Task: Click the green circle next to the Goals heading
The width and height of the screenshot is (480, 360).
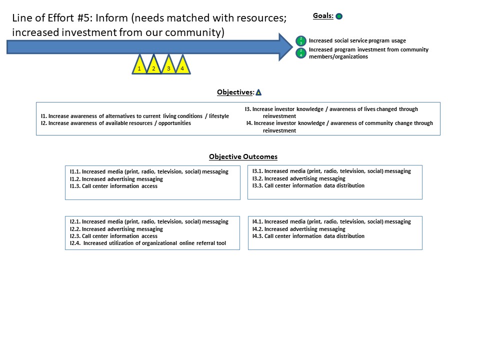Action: tap(339, 16)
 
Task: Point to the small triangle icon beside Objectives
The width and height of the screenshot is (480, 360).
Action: tap(258, 92)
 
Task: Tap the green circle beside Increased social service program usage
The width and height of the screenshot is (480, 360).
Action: tap(301, 40)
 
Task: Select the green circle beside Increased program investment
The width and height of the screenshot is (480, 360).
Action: tap(301, 52)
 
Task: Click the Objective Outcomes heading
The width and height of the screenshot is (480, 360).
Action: tap(243, 157)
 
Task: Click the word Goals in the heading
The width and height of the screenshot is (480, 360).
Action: tap(322, 16)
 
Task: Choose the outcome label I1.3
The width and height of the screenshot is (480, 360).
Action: tap(74, 186)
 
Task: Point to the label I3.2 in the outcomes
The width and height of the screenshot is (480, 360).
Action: tap(257, 178)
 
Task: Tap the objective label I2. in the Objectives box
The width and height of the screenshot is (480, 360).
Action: tap(43, 123)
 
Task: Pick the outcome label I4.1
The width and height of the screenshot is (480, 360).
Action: tap(257, 221)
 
